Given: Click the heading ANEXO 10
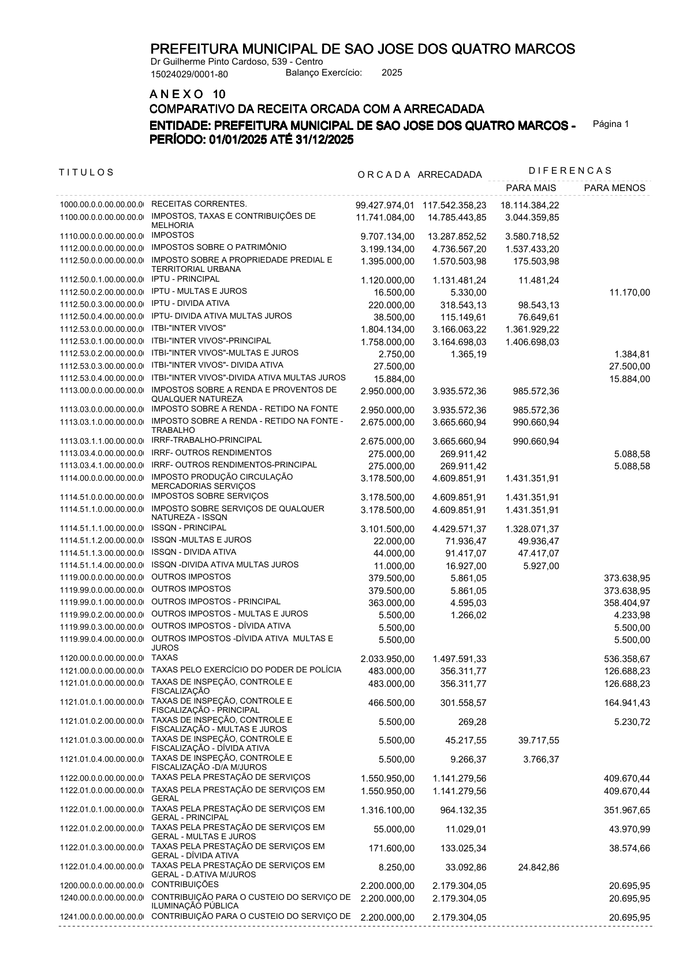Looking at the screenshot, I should (188, 94).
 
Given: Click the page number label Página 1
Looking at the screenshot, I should (611, 124).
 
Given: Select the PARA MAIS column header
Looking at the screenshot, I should (531, 188).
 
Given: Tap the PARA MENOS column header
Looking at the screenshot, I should (614, 188).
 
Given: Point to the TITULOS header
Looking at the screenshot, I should (87, 172).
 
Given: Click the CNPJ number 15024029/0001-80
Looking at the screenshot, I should (189, 74).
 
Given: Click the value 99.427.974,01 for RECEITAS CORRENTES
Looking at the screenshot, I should (385, 205).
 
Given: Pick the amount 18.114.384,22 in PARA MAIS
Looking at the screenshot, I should (529, 205).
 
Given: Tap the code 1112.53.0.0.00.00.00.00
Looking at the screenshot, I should (101, 329).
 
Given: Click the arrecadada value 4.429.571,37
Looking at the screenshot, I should (459, 529).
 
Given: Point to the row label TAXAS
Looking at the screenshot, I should (165, 658).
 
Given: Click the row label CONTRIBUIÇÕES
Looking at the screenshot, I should (185, 885).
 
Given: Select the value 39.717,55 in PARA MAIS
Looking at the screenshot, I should (537, 741).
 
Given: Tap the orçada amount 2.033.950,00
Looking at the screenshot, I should (387, 659).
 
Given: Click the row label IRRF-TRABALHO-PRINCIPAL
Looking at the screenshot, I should (206, 440).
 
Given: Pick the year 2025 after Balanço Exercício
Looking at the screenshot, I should (392, 73).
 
